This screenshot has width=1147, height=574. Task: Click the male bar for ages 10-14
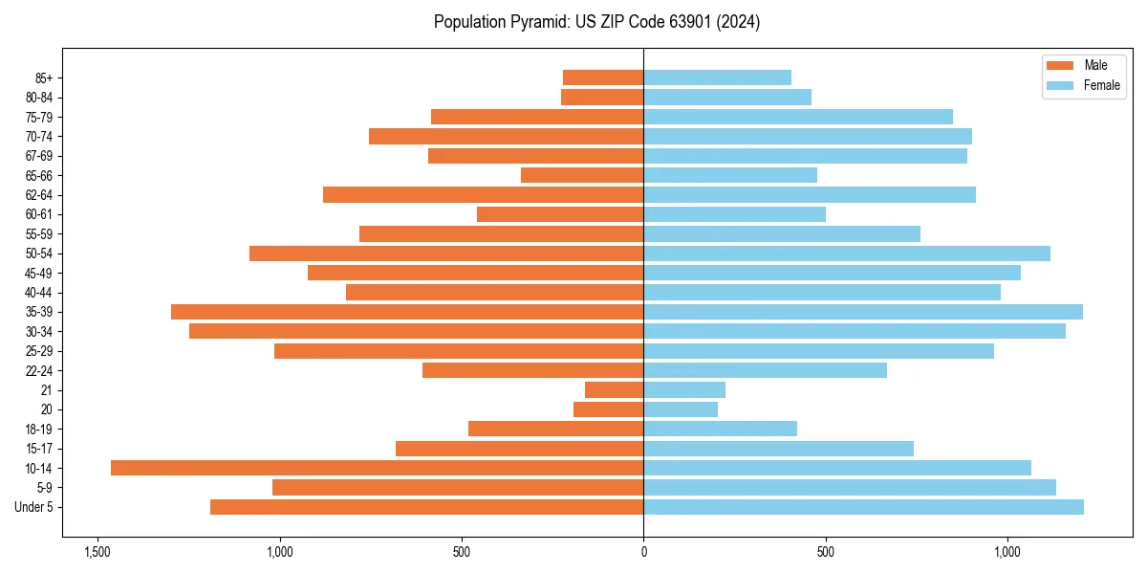377,468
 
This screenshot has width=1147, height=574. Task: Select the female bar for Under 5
863,507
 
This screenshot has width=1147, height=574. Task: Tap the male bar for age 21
614,389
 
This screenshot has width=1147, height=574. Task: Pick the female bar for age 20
681,409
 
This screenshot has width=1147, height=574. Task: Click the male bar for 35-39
407,312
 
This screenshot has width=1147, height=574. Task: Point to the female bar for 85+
717,77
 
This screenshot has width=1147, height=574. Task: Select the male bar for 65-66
582,175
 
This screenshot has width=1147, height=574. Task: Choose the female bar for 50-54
847,254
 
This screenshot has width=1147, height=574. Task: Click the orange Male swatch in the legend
1060,65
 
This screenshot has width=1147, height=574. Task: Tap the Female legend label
1102,85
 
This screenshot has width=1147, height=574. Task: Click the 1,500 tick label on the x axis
97,552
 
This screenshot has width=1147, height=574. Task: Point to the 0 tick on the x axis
643,552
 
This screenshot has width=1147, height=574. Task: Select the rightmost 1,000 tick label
1007,552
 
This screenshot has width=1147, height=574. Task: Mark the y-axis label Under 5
34,507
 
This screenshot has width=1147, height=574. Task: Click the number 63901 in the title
700,22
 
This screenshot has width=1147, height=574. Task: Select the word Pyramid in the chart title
535,22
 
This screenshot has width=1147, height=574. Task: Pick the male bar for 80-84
602,97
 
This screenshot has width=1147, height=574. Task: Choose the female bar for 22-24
765,370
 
